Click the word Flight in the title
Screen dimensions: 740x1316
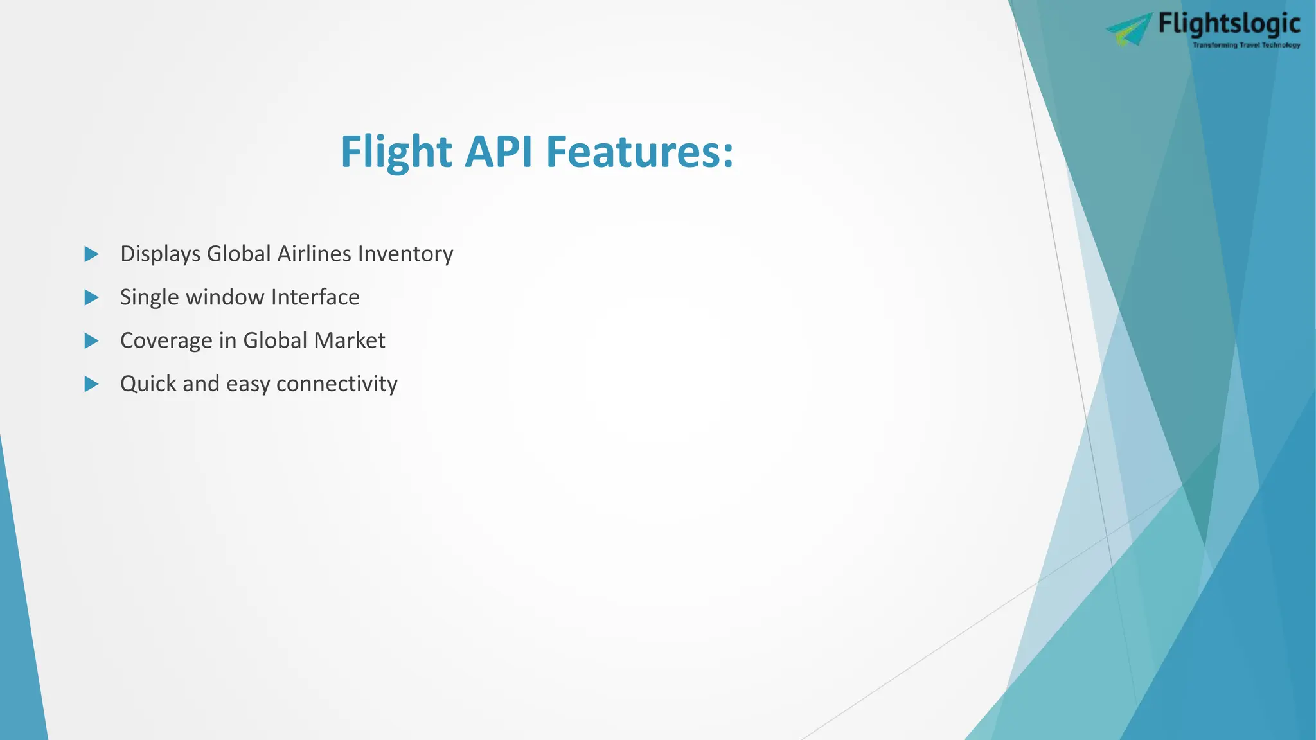pos(396,152)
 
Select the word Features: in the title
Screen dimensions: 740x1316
pos(639,152)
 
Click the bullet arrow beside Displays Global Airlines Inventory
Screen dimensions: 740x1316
pos(92,254)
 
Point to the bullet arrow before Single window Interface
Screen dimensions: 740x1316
pos(92,297)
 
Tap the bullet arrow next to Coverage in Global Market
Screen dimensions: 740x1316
pos(92,341)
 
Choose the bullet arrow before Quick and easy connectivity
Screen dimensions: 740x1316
pos(92,384)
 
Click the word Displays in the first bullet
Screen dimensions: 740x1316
pos(160,254)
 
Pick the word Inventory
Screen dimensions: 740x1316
pos(405,254)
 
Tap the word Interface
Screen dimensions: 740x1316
pos(316,297)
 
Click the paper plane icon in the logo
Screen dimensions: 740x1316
pos(1128,30)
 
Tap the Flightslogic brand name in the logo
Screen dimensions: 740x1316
pos(1229,24)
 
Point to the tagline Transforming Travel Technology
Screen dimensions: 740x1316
pos(1246,45)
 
